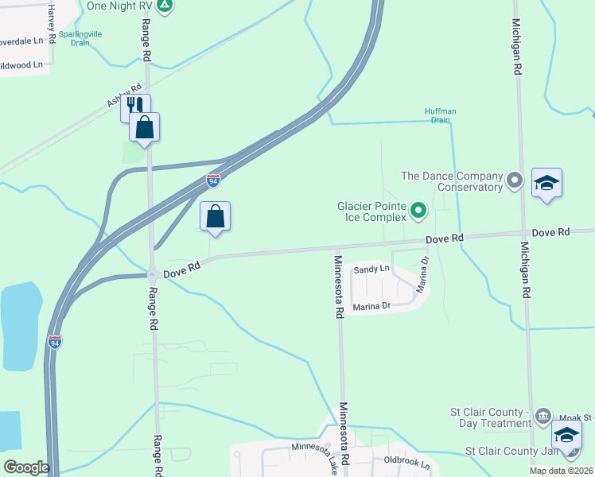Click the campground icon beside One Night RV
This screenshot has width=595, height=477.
(x=164, y=6)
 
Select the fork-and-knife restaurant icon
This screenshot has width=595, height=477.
(x=135, y=106)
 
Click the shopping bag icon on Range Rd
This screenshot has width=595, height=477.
(x=145, y=126)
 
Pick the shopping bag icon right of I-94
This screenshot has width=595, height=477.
(x=215, y=215)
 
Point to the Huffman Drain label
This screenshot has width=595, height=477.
(x=439, y=116)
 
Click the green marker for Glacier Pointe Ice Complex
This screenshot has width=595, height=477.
(x=418, y=211)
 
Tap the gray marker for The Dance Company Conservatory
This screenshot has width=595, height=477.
(x=515, y=181)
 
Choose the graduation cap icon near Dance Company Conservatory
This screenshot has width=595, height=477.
(x=547, y=183)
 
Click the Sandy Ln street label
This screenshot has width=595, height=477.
(x=371, y=270)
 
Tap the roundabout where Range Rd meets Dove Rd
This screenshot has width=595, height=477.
(x=152, y=276)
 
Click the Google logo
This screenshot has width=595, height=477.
(x=26, y=467)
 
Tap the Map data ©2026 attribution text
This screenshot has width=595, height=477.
(x=562, y=471)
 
